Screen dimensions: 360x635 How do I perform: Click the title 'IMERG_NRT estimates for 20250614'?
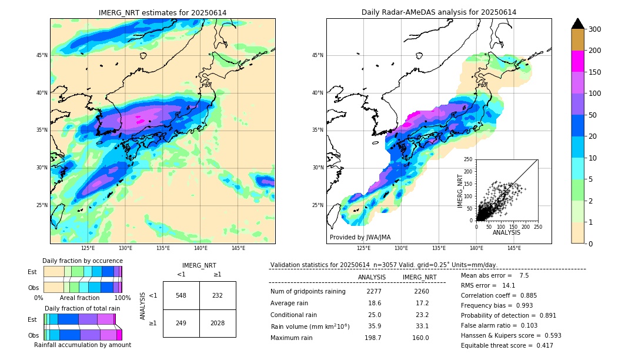pos(162,12)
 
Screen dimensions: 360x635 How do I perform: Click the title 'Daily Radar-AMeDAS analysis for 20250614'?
pos(439,12)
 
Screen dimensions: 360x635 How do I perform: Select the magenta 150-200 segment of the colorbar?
pos(577,61)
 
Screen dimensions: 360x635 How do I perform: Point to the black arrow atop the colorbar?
pos(577,24)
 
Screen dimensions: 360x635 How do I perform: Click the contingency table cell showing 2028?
pos(218,323)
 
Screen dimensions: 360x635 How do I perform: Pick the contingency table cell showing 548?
pos(181,295)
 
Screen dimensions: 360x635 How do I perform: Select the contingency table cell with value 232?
pos(218,295)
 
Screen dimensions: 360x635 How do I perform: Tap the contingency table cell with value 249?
pos(181,323)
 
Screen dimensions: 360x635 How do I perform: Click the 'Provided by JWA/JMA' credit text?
pos(360,238)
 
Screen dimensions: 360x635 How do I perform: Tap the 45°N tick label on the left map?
pos(42,55)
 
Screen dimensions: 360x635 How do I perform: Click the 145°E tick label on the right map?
pos(514,248)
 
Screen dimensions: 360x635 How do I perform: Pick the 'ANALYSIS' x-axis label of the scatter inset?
pos(506,232)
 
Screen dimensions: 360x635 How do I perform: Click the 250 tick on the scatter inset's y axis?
pos(469,159)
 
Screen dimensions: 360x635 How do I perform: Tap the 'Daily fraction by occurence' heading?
pos(82,261)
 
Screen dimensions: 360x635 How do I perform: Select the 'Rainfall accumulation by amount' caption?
pos(82,345)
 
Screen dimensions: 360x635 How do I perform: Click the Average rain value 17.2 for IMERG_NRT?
pos(420,303)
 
